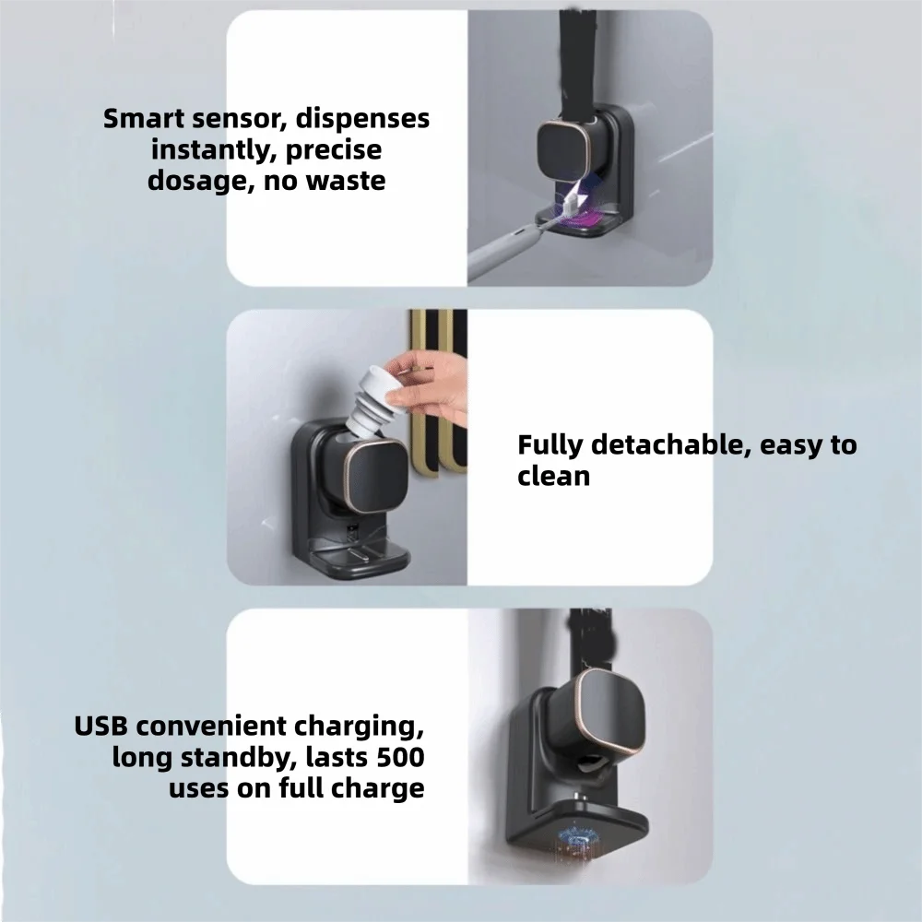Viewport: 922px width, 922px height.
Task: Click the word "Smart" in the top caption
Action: pos(144,118)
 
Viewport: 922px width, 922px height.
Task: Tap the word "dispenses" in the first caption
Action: pos(362,119)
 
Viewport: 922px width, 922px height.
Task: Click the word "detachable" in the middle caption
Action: pos(670,444)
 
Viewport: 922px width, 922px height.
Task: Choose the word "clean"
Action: pos(553,476)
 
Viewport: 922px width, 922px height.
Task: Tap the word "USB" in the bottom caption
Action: pos(100,727)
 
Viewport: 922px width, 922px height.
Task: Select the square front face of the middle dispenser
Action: pos(375,476)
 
